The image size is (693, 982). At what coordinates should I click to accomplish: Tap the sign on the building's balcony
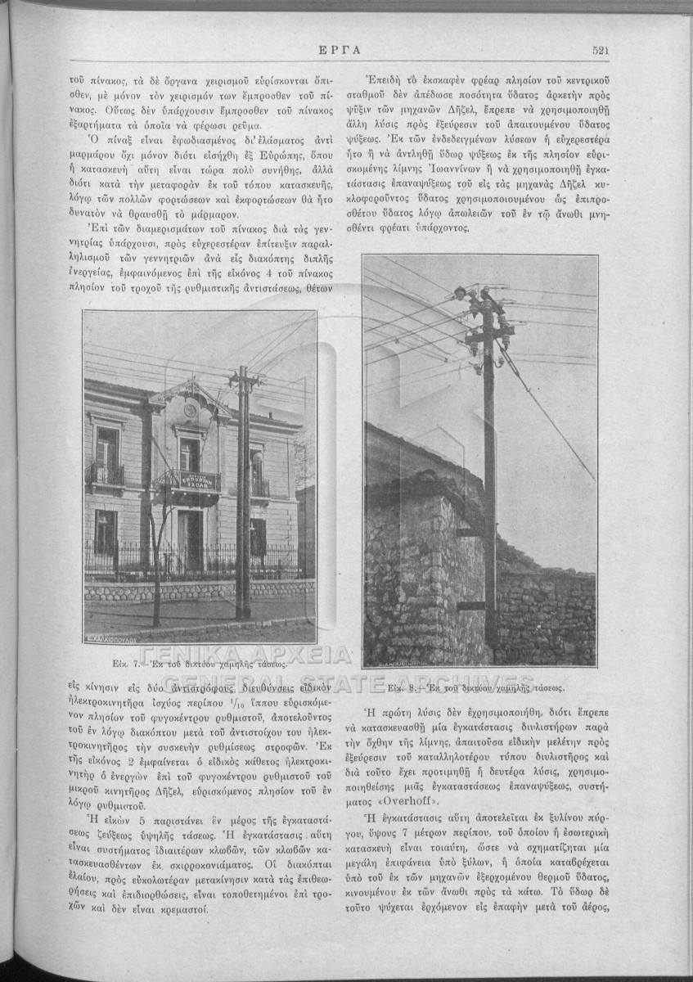coord(194,480)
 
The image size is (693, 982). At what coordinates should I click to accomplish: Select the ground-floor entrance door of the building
coord(191,538)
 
